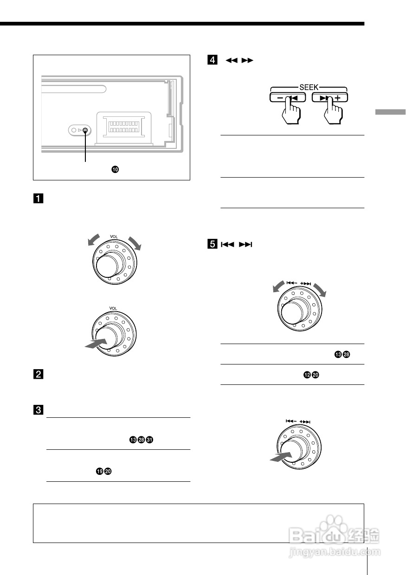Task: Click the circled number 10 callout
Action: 115,170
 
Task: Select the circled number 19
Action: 99,471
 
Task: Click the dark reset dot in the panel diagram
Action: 85,130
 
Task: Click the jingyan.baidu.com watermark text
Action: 334,552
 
